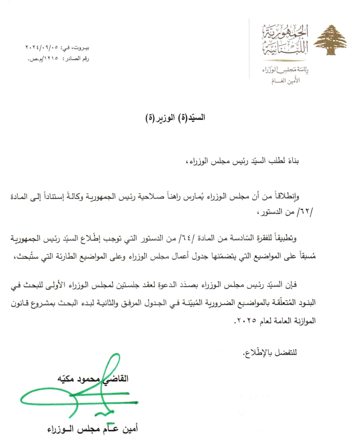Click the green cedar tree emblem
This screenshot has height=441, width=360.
pos(331,40)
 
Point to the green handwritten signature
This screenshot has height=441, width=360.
pos(76,391)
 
